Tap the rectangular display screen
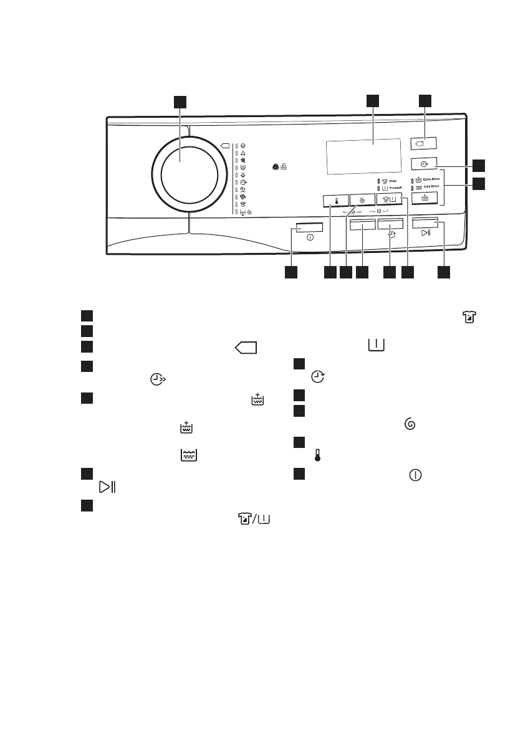[363, 157]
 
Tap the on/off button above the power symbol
[310, 227]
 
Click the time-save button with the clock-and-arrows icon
[425, 163]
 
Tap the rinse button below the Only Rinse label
[425, 197]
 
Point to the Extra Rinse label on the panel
[432, 179]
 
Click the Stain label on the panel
[394, 181]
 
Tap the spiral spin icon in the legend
[410, 424]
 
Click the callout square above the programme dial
[180, 102]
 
